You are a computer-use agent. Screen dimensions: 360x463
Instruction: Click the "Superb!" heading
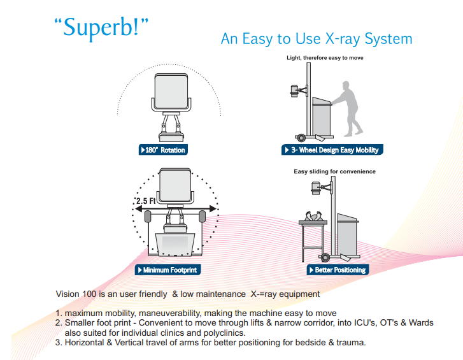(x=101, y=27)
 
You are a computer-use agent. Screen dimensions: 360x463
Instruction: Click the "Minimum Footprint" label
(x=167, y=270)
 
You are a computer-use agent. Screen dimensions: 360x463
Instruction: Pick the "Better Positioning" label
(x=337, y=270)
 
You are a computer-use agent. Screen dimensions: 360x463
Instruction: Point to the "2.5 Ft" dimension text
(x=145, y=201)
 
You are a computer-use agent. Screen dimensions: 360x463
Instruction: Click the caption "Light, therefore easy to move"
(x=325, y=58)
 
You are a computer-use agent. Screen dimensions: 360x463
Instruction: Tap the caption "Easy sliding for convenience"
(x=334, y=171)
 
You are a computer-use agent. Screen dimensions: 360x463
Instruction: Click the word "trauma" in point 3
(x=351, y=343)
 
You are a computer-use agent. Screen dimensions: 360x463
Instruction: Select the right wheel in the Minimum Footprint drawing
(x=203, y=217)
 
